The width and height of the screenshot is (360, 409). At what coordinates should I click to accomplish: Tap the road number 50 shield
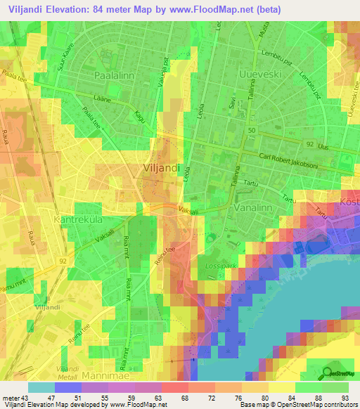252,131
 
